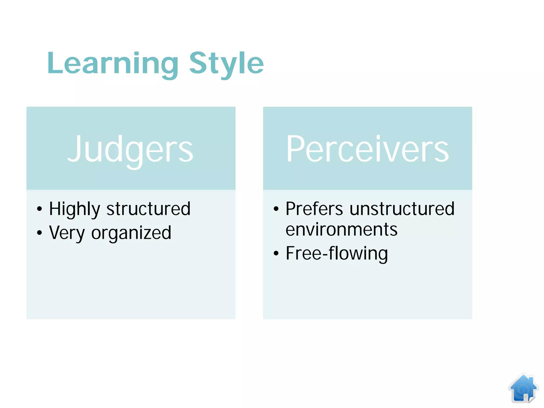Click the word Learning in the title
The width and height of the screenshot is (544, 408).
[113, 64]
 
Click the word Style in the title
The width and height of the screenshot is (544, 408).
[226, 64]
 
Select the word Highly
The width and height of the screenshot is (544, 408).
[75, 209]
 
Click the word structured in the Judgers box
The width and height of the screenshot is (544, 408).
[148, 209]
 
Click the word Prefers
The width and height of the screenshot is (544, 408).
[314, 209]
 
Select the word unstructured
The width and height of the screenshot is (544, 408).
[402, 209]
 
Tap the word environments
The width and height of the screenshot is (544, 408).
[341, 229]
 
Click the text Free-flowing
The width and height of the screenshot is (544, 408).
[337, 253]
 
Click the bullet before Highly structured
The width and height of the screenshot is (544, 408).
[40, 209]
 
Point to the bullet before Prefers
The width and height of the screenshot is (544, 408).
[276, 209]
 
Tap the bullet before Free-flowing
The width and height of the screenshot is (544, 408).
[276, 253]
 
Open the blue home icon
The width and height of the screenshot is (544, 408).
[523, 389]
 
